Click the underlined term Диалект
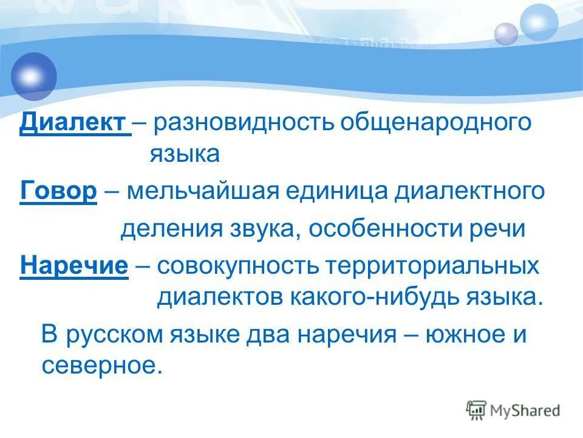point(74,123)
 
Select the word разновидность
point(242,123)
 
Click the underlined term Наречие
point(74,266)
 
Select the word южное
point(453,336)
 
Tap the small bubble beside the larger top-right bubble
point(505,33)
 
